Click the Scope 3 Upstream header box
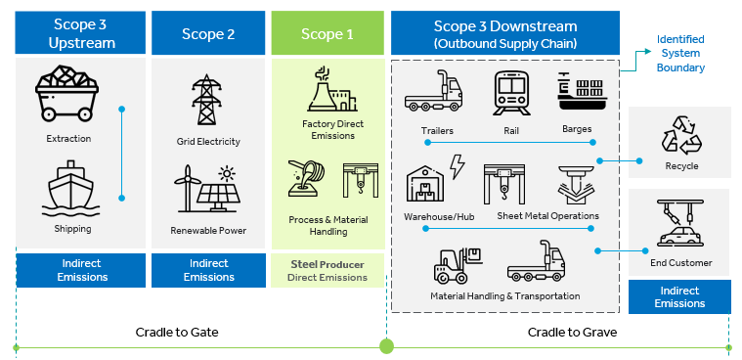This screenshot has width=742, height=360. click(x=81, y=33)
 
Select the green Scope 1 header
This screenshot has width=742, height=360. click(x=327, y=33)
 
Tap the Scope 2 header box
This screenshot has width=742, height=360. click(x=208, y=33)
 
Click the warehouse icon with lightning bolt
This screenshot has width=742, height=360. click(x=434, y=181)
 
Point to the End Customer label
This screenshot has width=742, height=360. click(x=680, y=262)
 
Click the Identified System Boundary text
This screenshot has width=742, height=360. click(x=680, y=54)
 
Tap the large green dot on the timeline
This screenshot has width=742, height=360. click(x=386, y=346)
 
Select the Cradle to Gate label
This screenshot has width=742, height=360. click(x=176, y=332)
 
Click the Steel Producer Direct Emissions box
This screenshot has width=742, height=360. click(x=327, y=270)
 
